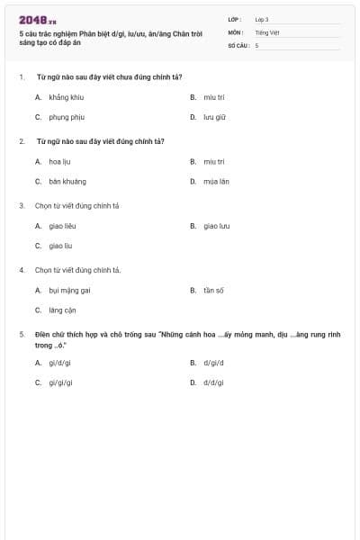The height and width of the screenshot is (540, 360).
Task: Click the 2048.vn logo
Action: pyautogui.click(x=38, y=20)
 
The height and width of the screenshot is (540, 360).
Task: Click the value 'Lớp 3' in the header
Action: pyautogui.click(x=262, y=19)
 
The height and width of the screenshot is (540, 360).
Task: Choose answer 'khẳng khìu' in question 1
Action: pyautogui.click(x=66, y=97)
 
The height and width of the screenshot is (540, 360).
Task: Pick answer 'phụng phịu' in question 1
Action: pyautogui.click(x=67, y=117)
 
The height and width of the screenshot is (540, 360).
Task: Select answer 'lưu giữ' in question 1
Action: pyautogui.click(x=214, y=117)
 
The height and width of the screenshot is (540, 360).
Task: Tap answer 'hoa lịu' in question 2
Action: pyautogui.click(x=60, y=161)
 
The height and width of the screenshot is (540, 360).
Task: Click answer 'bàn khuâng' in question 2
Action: pyautogui.click(x=67, y=181)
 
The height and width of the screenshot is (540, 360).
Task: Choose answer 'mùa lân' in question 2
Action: pyautogui.click(x=217, y=181)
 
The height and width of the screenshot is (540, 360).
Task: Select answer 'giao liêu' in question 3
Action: pyautogui.click(x=63, y=226)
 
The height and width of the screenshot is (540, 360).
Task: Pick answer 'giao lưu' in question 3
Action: pyautogui.click(x=217, y=226)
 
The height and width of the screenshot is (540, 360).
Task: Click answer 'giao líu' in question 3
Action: pyautogui.click(x=60, y=246)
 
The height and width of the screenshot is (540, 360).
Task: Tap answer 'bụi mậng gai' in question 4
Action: pyautogui.click(x=70, y=291)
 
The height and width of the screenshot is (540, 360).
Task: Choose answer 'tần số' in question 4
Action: pyautogui.click(x=213, y=291)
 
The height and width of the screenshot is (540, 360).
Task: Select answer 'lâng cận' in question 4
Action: pyautogui.click(x=63, y=310)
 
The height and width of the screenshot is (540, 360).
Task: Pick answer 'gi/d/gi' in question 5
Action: pyautogui.click(x=60, y=363)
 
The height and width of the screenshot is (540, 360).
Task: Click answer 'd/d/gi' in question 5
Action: pyautogui.click(x=213, y=382)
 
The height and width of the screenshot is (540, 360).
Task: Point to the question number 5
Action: pyautogui.click(x=22, y=335)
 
